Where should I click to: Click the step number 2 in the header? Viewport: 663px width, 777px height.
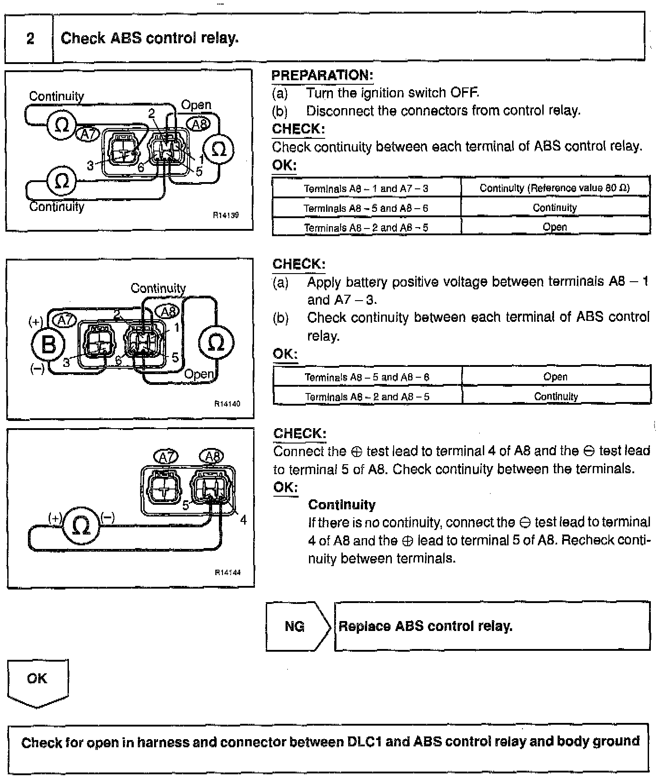(x=30, y=38)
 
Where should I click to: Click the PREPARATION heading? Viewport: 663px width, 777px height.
(x=322, y=75)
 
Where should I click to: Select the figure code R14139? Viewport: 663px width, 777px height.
(x=226, y=215)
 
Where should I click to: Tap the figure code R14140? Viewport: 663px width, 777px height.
(x=227, y=404)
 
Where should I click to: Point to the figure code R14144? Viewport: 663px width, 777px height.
(x=227, y=572)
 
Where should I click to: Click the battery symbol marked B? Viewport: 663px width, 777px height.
(x=48, y=345)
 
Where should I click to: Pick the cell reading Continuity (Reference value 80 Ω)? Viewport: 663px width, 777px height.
(x=554, y=188)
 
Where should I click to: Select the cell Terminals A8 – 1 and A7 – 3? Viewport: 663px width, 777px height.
(x=366, y=188)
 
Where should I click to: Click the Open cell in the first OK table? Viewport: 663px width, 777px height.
(x=554, y=227)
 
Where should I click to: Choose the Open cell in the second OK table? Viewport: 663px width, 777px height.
(x=555, y=377)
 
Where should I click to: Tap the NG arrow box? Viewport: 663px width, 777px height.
(x=297, y=626)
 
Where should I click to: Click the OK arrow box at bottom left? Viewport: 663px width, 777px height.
(x=37, y=681)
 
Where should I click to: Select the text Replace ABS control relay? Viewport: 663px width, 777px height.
(x=425, y=626)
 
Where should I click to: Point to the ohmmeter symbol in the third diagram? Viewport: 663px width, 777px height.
(x=81, y=526)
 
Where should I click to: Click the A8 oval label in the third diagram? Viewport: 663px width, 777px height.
(x=212, y=457)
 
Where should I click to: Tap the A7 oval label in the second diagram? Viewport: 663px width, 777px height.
(x=65, y=320)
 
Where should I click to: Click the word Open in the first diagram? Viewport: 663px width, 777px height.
(x=196, y=105)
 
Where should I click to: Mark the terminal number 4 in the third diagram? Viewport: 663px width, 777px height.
(x=243, y=520)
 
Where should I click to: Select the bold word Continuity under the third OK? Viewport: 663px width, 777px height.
(x=341, y=505)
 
